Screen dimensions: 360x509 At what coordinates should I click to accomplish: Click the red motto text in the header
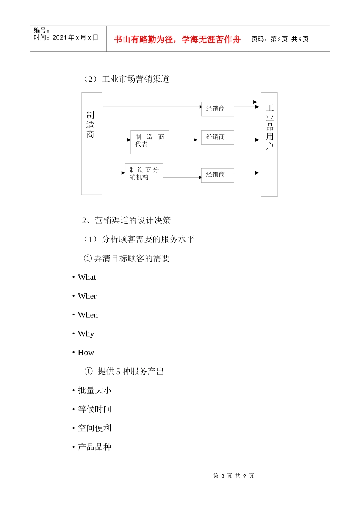click(x=177, y=39)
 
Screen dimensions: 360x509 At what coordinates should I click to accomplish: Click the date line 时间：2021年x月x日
click(x=66, y=37)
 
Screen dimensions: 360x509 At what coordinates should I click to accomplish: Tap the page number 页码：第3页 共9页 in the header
click(x=280, y=39)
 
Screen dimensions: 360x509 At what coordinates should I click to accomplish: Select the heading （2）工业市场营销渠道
click(x=126, y=79)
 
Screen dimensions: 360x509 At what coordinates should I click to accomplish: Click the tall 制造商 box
click(x=92, y=144)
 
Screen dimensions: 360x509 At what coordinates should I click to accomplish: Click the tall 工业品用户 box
click(x=269, y=144)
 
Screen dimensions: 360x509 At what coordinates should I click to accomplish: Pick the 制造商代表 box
click(x=150, y=142)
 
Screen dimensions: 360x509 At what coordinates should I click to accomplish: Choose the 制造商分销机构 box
click(x=144, y=175)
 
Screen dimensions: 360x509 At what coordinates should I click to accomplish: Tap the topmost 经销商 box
click(x=217, y=109)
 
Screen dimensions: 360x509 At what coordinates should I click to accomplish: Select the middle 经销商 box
click(x=217, y=137)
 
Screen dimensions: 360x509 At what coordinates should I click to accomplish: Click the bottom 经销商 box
click(x=217, y=175)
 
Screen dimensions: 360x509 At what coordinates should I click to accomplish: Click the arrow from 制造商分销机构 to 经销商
click(x=182, y=177)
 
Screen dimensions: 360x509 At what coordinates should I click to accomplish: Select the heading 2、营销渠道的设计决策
click(x=126, y=220)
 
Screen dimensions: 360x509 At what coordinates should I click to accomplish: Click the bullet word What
click(x=87, y=277)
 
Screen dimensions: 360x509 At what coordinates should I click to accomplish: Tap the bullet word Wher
click(x=87, y=296)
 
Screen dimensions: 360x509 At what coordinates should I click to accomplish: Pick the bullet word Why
click(x=86, y=334)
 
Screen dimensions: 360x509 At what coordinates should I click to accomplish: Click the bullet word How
click(x=86, y=353)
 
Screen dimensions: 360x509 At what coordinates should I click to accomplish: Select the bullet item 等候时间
click(x=94, y=409)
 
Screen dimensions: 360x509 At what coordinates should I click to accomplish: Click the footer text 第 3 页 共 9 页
click(x=233, y=476)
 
